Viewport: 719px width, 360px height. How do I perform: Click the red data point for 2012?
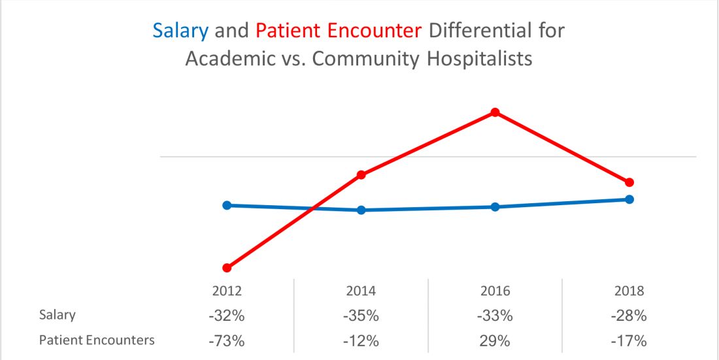pyautogui.click(x=227, y=268)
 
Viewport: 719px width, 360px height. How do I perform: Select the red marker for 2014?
pyautogui.click(x=361, y=175)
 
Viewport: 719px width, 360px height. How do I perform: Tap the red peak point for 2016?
pyautogui.click(x=495, y=112)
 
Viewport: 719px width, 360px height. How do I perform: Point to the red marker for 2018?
pyautogui.click(x=629, y=182)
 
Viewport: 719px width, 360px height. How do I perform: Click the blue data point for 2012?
pyautogui.click(x=227, y=205)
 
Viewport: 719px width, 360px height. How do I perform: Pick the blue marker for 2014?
pyautogui.click(x=361, y=210)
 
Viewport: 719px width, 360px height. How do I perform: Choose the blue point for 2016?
pyautogui.click(x=495, y=207)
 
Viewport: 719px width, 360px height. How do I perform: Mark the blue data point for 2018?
pyautogui.click(x=629, y=199)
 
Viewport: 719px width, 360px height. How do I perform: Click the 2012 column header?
pyautogui.click(x=227, y=291)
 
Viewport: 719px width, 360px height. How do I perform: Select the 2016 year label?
pyautogui.click(x=495, y=291)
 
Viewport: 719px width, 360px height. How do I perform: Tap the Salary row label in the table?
pyautogui.click(x=58, y=315)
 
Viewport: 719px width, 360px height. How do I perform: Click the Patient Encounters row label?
pyautogui.click(x=97, y=340)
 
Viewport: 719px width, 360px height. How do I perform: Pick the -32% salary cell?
pyautogui.click(x=227, y=316)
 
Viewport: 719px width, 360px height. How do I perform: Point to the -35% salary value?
pyautogui.click(x=361, y=316)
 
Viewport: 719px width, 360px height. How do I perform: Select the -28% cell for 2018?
pyautogui.click(x=629, y=316)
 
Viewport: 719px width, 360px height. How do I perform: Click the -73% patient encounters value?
pyautogui.click(x=227, y=341)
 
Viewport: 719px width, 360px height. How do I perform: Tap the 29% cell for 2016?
pyautogui.click(x=495, y=341)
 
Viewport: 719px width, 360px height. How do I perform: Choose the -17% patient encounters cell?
pyautogui.click(x=629, y=341)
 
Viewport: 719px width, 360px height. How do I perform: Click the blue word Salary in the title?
pyautogui.click(x=180, y=31)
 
